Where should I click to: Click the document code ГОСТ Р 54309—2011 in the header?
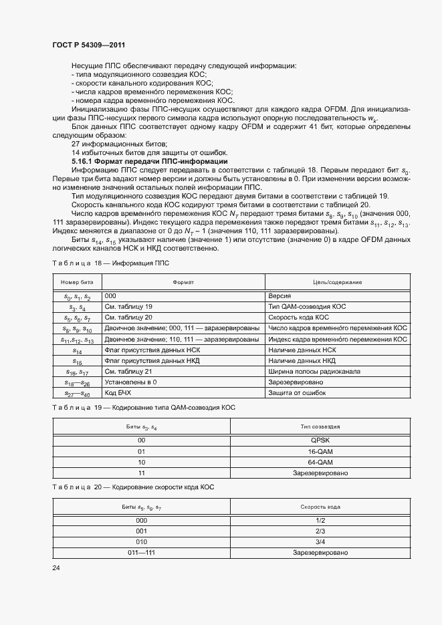(89, 45)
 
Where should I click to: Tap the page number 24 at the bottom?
(56, 568)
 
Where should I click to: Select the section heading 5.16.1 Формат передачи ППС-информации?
(150, 162)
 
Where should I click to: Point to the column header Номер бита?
(76, 283)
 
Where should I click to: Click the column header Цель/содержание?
(337, 283)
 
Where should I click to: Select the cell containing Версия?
(279, 295)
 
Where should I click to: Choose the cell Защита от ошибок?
(297, 393)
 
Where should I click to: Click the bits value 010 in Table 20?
(142, 542)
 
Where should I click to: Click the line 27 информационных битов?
(118, 144)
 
